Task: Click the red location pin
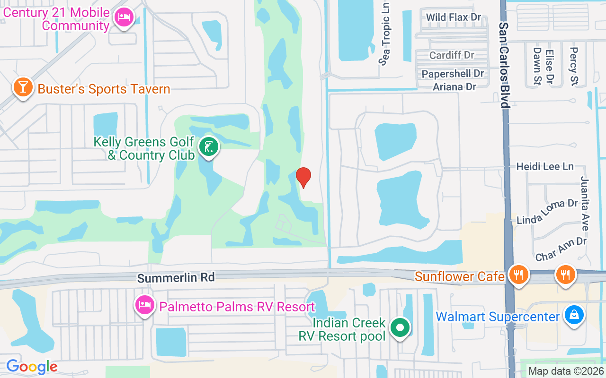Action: [303, 177]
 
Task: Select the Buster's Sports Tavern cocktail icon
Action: [22, 87]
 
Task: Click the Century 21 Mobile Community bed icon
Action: [124, 18]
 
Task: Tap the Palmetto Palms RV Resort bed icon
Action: [144, 305]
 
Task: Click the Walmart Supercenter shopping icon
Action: [574, 315]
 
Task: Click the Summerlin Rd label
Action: [176, 277]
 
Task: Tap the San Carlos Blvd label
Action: [505, 65]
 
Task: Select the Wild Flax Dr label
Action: [453, 17]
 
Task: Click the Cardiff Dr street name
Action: [452, 55]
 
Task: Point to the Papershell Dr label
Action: [453, 74]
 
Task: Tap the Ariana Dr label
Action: [454, 86]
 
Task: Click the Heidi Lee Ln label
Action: [545, 166]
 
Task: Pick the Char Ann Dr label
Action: [561, 249]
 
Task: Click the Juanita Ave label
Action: [584, 203]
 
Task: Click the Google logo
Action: [32, 367]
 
